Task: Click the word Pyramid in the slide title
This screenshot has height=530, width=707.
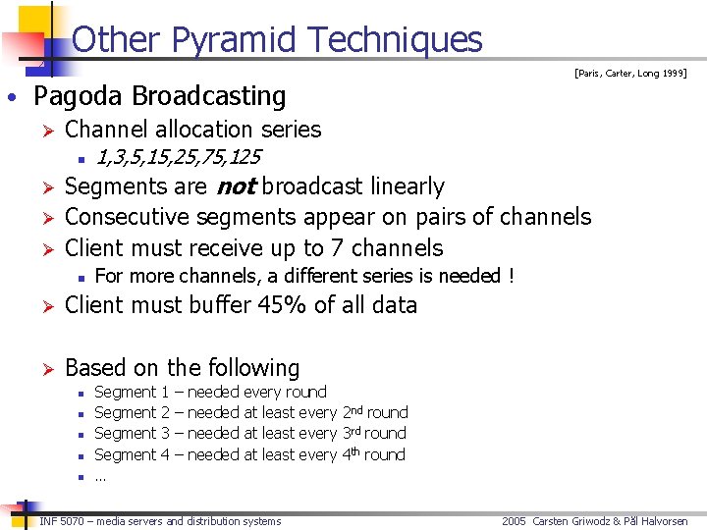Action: click(238, 39)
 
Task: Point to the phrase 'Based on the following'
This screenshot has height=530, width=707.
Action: click(182, 368)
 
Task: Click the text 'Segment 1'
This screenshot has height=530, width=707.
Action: click(131, 392)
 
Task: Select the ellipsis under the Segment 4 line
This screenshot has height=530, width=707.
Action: click(100, 477)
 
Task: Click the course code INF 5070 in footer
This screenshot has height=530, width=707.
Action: click(63, 521)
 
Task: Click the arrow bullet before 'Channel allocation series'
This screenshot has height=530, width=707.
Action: click(43, 130)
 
